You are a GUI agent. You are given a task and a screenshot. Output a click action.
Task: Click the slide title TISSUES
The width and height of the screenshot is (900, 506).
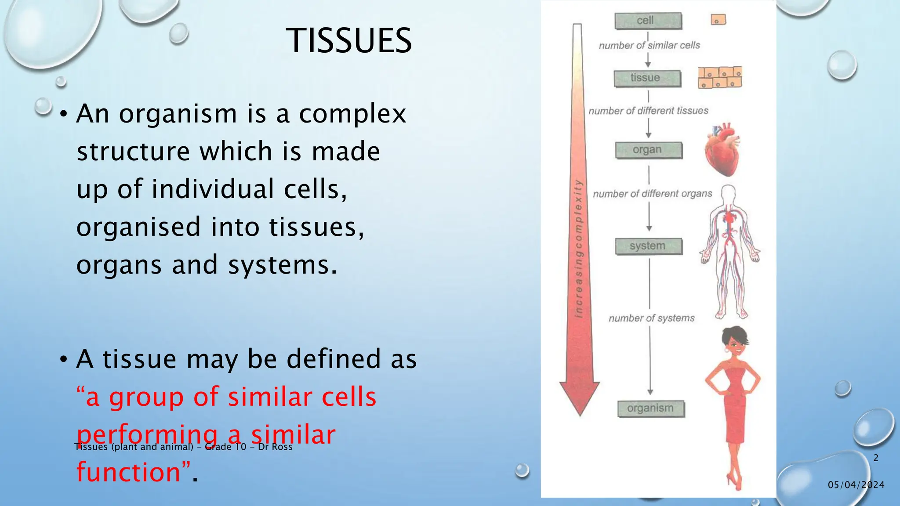[348, 40]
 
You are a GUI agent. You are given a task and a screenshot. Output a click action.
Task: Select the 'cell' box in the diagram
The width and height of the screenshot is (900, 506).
[648, 21]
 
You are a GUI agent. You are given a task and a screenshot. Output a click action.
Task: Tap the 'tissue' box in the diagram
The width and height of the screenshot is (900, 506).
[647, 79]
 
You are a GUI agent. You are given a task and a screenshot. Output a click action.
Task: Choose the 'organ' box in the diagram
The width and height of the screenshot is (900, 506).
[649, 150]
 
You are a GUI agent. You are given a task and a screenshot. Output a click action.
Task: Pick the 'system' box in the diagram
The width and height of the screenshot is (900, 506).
[649, 246]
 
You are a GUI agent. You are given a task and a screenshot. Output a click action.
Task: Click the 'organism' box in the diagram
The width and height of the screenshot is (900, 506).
[651, 408]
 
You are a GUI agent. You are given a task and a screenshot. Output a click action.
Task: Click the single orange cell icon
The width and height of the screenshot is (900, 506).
[719, 20]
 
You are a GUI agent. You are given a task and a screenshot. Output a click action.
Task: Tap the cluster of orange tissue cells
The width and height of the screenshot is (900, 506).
[720, 78]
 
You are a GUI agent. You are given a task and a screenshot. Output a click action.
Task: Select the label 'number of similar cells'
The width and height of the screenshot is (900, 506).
[649, 45]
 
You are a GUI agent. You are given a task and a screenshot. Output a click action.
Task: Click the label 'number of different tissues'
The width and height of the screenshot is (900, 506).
[648, 111]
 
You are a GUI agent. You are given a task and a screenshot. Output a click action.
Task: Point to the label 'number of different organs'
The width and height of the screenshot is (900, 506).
[653, 194]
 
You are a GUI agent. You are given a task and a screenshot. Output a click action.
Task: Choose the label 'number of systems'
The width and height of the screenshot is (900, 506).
[652, 318]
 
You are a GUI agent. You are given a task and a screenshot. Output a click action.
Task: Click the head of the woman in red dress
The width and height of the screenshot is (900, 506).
[734, 343]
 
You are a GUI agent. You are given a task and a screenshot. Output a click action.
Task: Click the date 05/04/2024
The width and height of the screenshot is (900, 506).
[856, 485]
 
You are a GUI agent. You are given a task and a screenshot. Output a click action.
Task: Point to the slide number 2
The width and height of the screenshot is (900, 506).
[876, 458]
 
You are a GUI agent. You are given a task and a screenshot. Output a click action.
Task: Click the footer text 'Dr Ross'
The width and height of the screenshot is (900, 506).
[275, 447]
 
